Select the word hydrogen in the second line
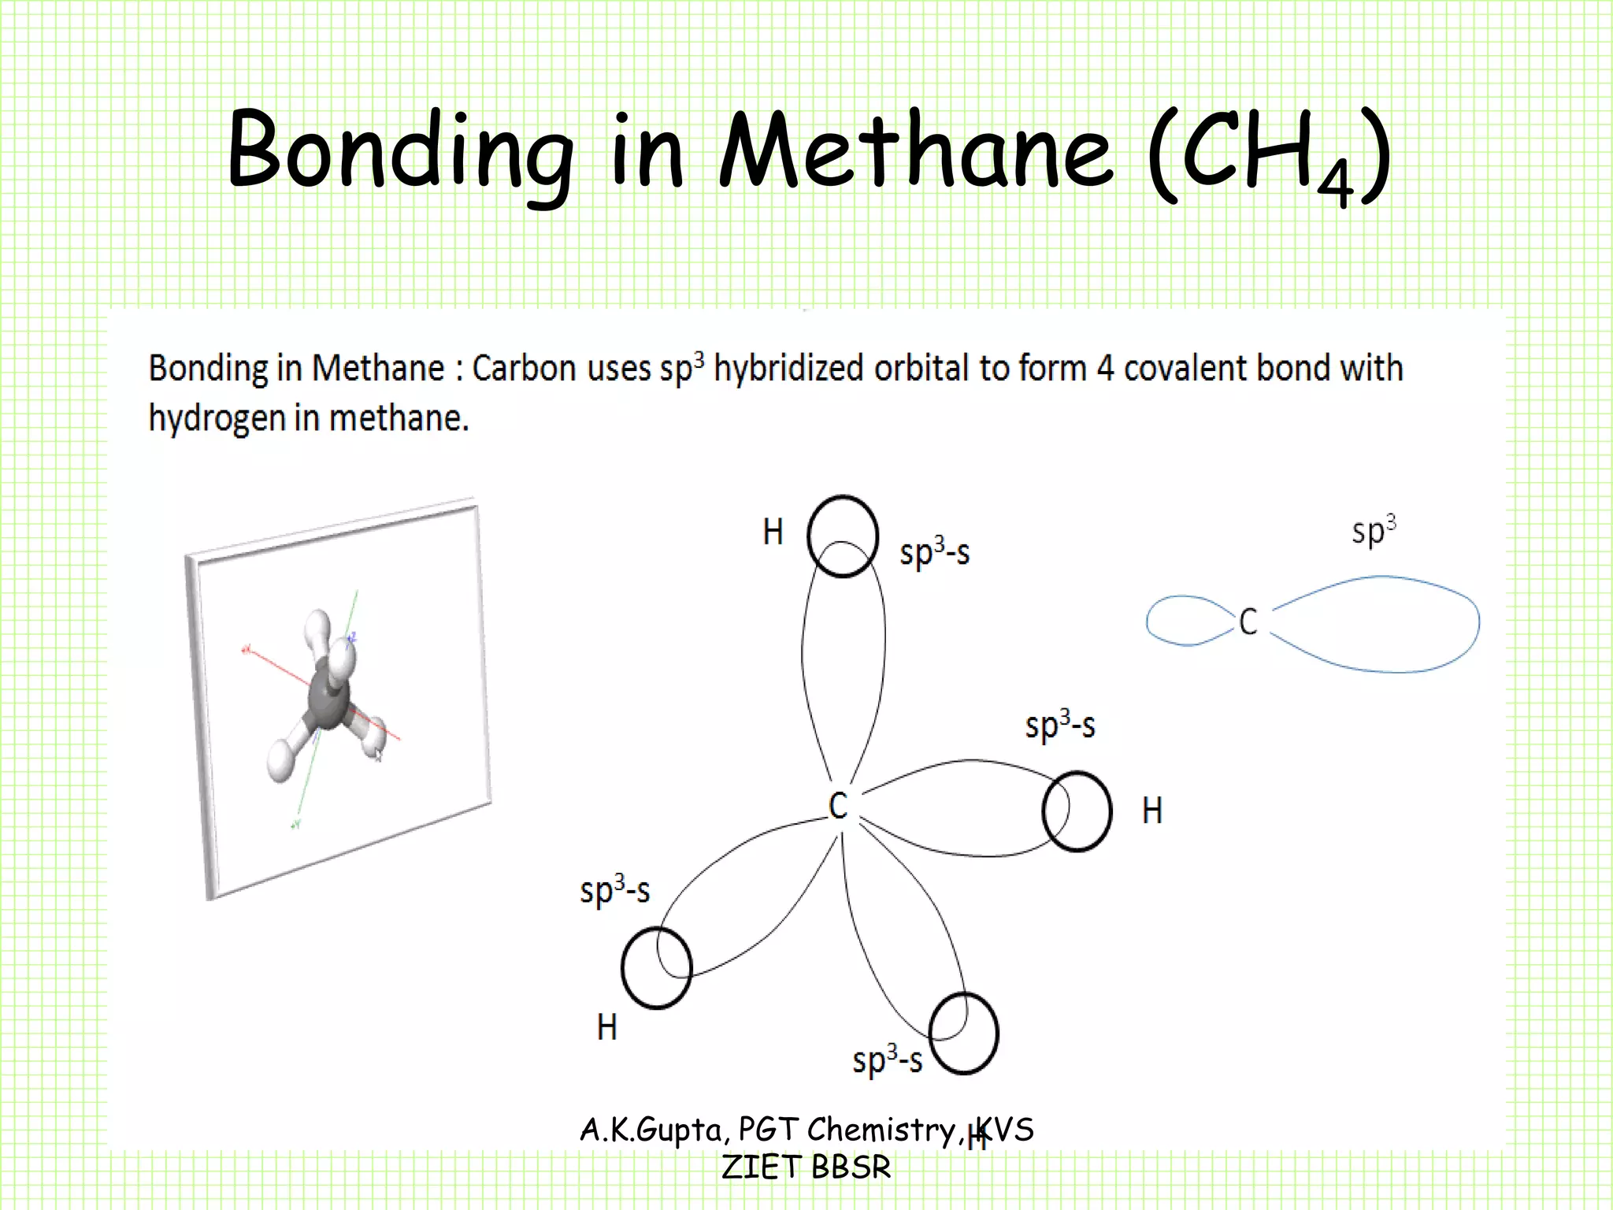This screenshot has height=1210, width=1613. pos(217,418)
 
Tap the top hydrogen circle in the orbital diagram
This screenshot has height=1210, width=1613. pos(842,536)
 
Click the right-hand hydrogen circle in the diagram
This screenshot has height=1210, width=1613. pos(1077,811)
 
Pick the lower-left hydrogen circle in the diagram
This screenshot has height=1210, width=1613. pos(656,968)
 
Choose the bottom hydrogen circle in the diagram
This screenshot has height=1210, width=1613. pos(963,1034)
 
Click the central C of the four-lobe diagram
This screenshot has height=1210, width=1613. pos(838,806)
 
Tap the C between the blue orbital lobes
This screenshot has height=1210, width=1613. pos(1248,622)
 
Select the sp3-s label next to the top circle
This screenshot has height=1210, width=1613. pos(934,551)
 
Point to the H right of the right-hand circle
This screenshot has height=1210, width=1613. pos(1151,811)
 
